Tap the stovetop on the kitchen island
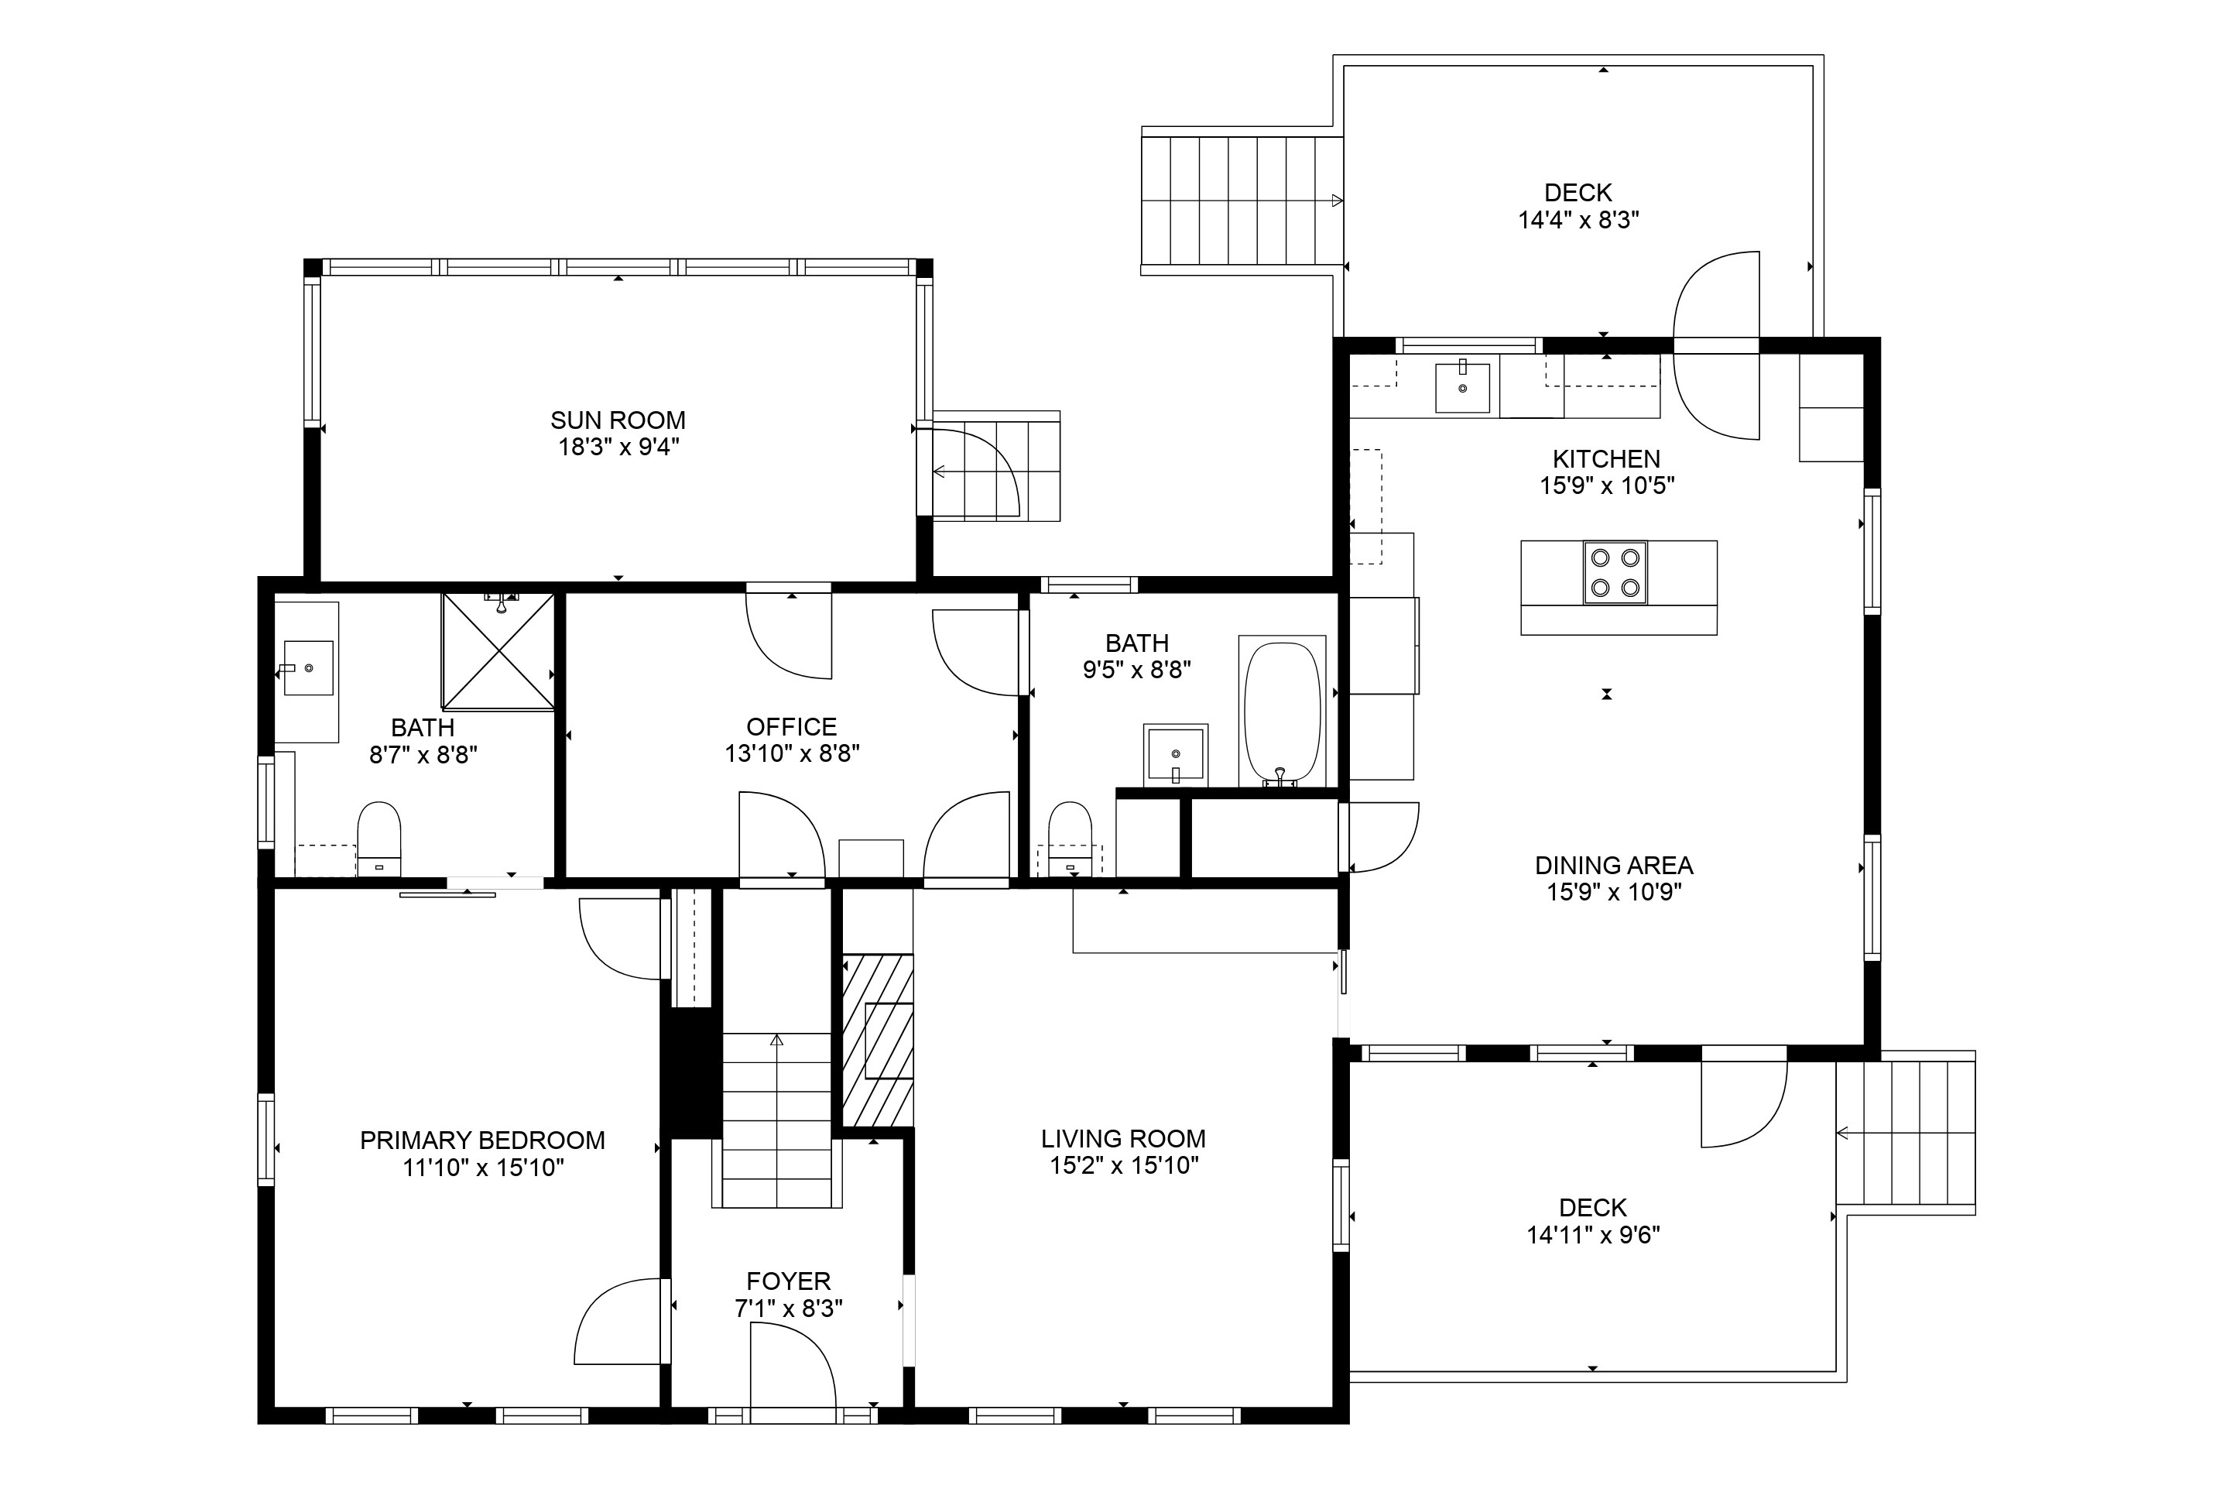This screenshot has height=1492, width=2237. (x=1615, y=573)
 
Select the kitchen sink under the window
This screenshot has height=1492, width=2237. (x=1462, y=386)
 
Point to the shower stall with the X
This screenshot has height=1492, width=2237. (x=498, y=651)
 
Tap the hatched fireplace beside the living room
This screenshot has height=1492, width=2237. (x=878, y=1040)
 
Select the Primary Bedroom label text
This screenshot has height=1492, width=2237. (x=482, y=1140)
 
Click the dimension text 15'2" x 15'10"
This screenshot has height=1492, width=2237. (x=1123, y=1165)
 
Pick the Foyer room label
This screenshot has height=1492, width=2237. (x=789, y=1281)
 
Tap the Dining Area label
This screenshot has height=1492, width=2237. (x=1614, y=866)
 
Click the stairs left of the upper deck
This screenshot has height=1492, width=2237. (x=1242, y=201)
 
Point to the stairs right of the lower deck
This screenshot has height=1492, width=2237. (x=1906, y=1132)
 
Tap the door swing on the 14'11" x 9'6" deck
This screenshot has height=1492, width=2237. (x=1743, y=1104)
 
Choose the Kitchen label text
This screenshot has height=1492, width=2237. (x=1606, y=458)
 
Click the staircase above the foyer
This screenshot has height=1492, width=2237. (x=777, y=1120)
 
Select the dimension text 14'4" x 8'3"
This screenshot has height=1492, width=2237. (x=1578, y=221)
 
